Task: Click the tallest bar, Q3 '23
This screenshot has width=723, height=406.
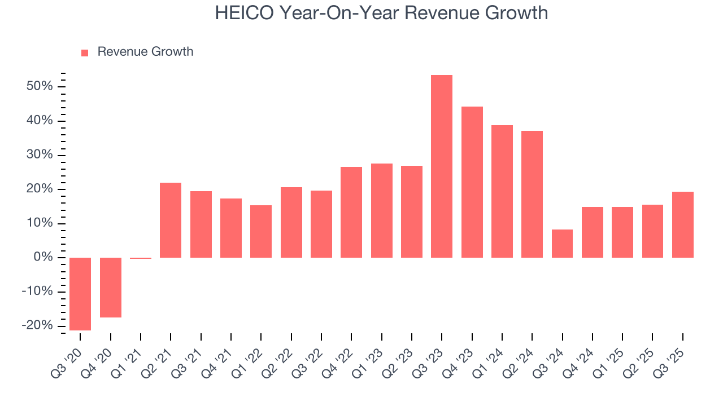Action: (x=442, y=166)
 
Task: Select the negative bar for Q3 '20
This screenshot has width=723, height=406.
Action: (x=80, y=294)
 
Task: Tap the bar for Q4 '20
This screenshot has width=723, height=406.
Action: (x=111, y=288)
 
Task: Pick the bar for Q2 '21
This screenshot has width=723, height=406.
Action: (x=171, y=220)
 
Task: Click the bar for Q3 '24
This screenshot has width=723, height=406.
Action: (x=562, y=244)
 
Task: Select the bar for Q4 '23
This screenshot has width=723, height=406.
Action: (x=472, y=182)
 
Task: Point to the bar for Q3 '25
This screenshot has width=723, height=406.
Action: (x=682, y=224)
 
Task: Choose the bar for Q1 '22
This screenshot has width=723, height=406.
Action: (x=261, y=231)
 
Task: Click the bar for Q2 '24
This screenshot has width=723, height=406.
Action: (x=532, y=194)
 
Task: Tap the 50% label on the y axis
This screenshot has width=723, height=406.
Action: (x=39, y=86)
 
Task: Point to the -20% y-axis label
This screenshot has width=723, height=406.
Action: (x=37, y=326)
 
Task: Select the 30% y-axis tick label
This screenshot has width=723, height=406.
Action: (x=39, y=155)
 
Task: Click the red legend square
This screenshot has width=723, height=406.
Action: (x=85, y=52)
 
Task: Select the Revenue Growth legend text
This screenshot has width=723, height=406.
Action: (x=145, y=52)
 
